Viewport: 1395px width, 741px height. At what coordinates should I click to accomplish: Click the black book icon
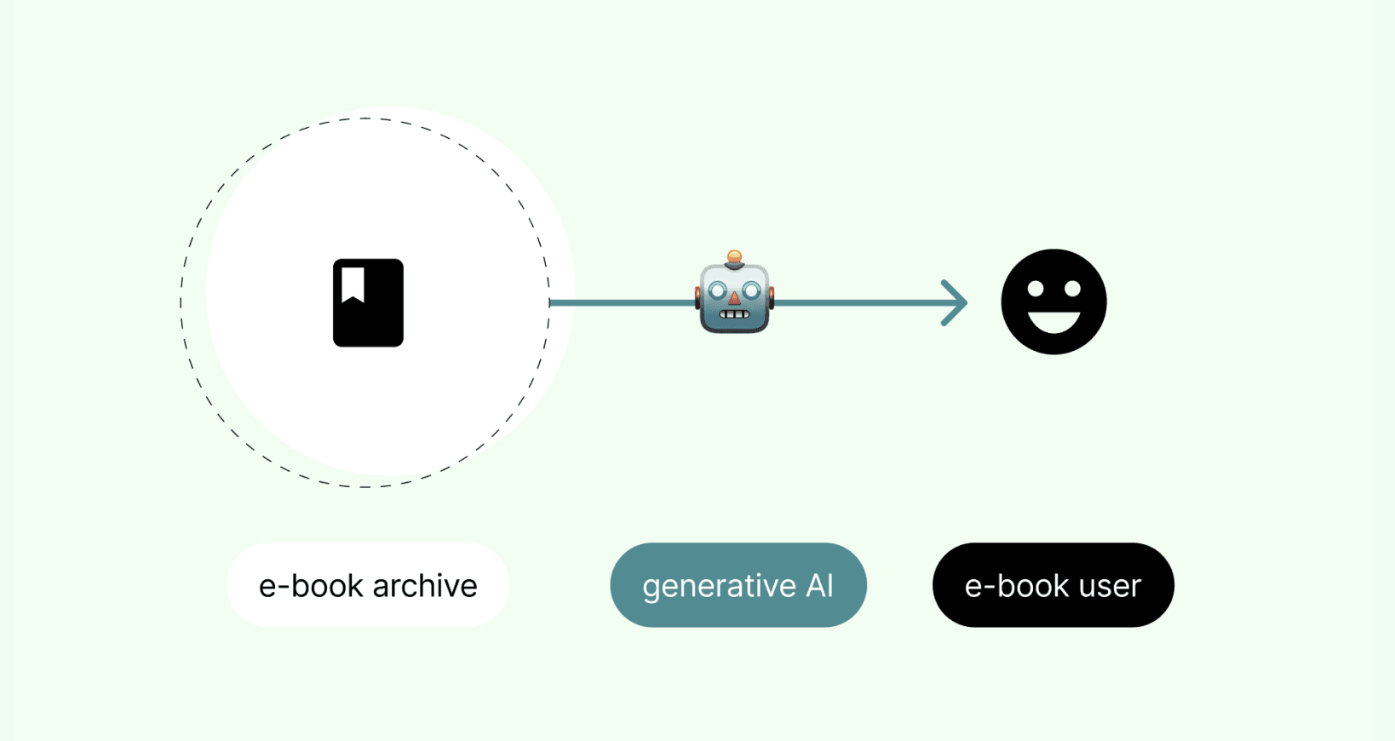point(368,302)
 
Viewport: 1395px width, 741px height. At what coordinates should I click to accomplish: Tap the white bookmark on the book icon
point(353,284)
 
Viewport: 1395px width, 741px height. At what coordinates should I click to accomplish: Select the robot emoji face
point(735,292)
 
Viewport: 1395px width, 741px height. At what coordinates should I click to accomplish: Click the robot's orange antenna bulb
point(735,256)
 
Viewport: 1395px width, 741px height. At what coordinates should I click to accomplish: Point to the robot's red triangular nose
point(735,299)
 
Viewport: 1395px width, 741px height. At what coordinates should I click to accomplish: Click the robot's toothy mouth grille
point(735,314)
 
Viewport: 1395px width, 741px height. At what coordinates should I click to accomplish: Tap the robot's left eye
point(717,290)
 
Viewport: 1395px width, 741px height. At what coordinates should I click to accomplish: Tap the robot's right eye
point(752,290)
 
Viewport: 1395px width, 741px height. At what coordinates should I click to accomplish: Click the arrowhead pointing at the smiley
point(955,302)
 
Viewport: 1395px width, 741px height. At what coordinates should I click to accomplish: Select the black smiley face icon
point(1053,302)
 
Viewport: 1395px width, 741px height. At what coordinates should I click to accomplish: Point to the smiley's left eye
point(1036,288)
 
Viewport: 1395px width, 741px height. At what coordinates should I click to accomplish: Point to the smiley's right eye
point(1072,288)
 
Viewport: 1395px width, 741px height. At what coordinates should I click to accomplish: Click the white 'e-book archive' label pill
point(368,584)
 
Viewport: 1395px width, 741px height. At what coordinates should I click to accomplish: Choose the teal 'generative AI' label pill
point(738,584)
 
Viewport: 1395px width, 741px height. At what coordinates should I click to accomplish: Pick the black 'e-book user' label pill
point(1053,584)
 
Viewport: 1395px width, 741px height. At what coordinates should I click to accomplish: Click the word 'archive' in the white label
point(425,585)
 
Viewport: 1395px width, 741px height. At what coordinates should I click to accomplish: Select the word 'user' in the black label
point(1110,587)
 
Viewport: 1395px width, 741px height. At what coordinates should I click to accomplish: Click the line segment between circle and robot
point(623,302)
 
